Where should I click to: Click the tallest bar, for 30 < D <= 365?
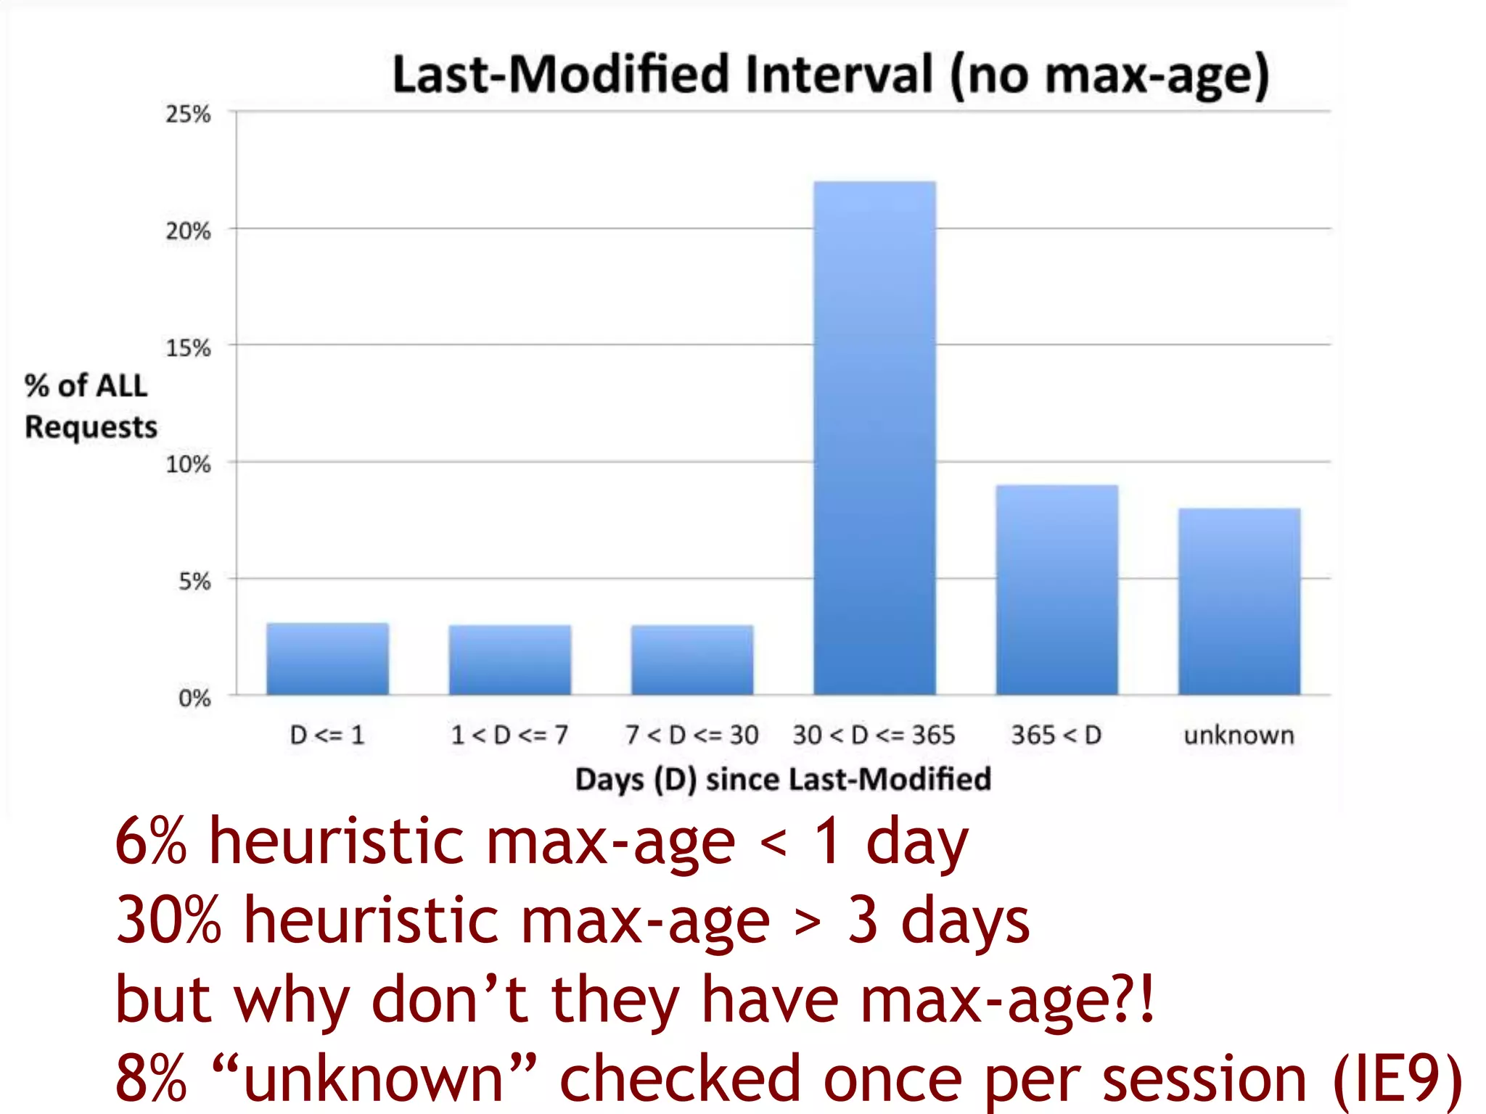(x=874, y=438)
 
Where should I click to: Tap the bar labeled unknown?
(x=1239, y=601)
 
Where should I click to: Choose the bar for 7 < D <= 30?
(x=692, y=659)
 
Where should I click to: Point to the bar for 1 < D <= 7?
(x=509, y=659)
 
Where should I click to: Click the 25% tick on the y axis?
(x=188, y=114)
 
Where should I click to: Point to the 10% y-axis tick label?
(x=188, y=464)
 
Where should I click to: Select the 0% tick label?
(x=194, y=698)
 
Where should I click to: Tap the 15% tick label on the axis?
(x=188, y=347)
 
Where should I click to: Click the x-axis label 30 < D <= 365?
(x=874, y=735)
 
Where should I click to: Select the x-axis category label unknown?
(x=1239, y=735)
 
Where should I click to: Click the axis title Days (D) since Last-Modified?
(x=782, y=779)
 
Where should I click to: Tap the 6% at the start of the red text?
(x=151, y=841)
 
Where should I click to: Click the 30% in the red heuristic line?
(x=168, y=920)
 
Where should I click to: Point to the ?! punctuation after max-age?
(x=1136, y=999)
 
